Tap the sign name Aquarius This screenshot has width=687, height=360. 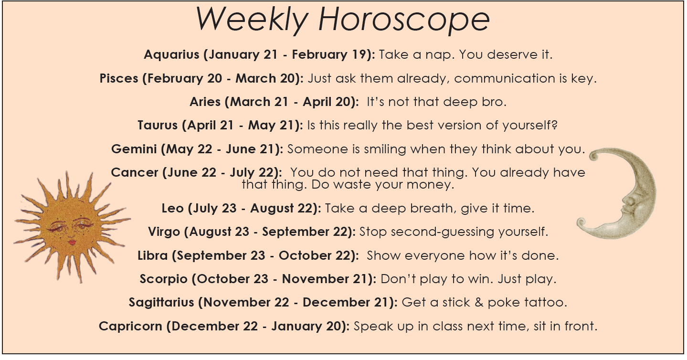click(x=171, y=54)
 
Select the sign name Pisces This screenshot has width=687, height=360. click(x=119, y=78)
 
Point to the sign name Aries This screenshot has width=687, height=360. click(x=205, y=102)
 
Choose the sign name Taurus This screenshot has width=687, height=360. click(x=158, y=126)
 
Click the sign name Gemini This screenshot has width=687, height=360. click(x=134, y=149)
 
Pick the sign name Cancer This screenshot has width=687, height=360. click(x=135, y=172)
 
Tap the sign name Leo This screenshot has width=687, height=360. click(x=173, y=208)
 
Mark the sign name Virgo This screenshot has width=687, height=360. click(x=164, y=232)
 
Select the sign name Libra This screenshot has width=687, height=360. click(x=153, y=255)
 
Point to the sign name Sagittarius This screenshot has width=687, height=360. click(x=161, y=302)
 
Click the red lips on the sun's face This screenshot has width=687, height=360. click(x=73, y=242)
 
